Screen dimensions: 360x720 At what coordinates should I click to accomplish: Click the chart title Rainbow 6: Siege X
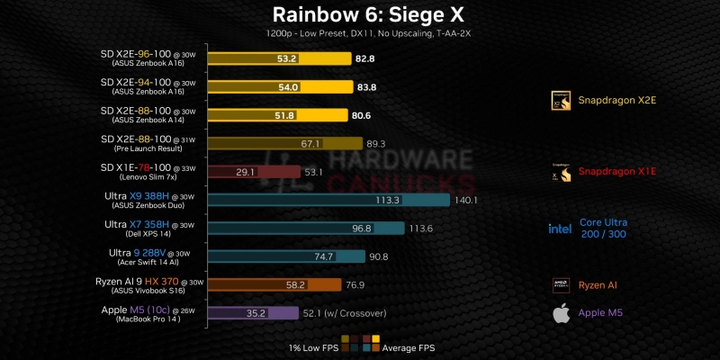tap(360, 15)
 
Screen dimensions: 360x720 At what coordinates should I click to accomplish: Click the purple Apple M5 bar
tap(253, 313)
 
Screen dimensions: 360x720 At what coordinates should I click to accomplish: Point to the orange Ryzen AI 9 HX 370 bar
tap(274, 284)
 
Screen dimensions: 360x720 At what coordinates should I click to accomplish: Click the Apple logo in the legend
tap(561, 313)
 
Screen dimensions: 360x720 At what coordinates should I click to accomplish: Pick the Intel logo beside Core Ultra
tap(560, 228)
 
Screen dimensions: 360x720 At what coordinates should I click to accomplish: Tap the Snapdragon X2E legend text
tap(616, 100)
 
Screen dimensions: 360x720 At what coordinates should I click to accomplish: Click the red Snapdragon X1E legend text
tap(616, 171)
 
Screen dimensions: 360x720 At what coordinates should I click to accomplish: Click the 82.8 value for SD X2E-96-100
tap(365, 58)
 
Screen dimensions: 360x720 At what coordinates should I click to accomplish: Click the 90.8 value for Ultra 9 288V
tap(377, 256)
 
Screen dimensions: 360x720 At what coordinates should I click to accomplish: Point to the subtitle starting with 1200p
tap(360, 33)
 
